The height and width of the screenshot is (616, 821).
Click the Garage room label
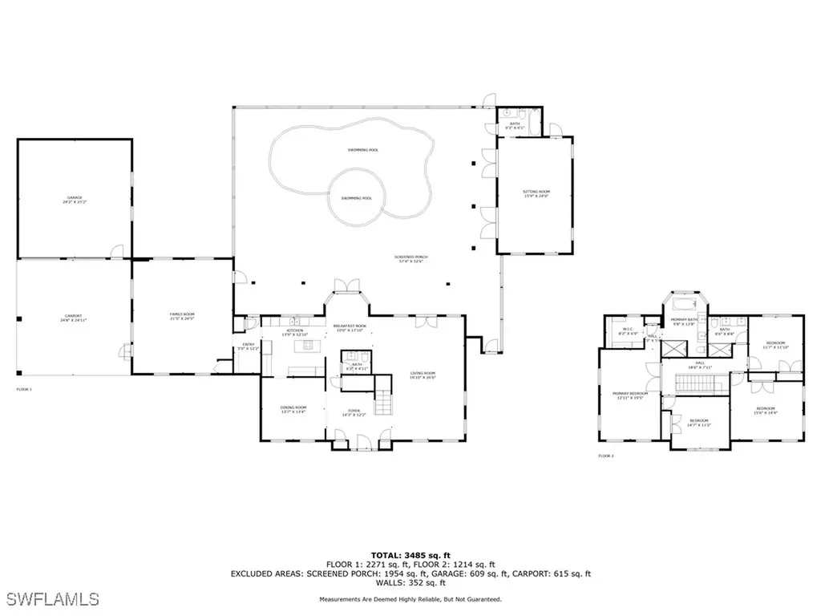coord(75,200)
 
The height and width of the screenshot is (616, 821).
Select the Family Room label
coord(183,316)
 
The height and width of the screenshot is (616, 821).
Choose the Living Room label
coord(423,375)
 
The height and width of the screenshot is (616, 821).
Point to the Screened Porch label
coord(408,259)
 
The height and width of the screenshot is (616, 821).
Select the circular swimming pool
coord(356,197)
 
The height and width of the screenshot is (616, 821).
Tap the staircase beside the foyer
coord(386,399)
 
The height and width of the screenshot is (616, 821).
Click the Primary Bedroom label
coord(630,395)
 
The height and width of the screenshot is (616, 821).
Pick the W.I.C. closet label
coord(629,331)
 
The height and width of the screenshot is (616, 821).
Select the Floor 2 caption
coord(605,456)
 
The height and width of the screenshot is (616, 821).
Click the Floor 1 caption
coord(24,389)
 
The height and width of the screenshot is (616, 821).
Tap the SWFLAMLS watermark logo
coord(50,598)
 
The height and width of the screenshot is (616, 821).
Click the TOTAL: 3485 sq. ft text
coord(410,555)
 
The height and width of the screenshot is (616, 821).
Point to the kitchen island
coord(305,346)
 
